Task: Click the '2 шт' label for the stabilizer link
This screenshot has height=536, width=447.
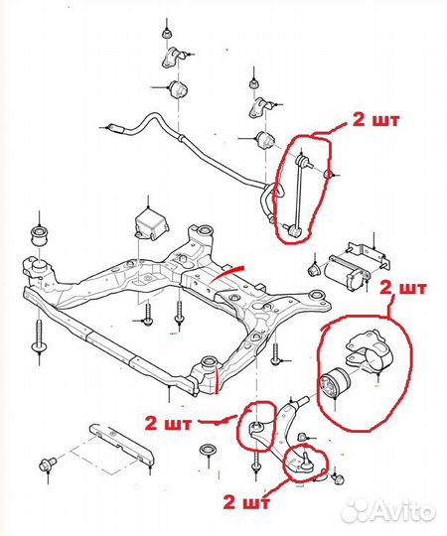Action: click(375, 121)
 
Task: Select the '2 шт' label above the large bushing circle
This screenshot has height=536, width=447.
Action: click(403, 289)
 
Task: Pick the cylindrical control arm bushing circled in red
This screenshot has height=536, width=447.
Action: click(335, 382)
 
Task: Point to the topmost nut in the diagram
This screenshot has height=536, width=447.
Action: click(167, 34)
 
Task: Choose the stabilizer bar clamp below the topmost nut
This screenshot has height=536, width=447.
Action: click(175, 60)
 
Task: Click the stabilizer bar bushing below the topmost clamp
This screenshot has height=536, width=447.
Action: click(178, 89)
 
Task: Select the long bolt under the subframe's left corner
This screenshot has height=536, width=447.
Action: click(40, 338)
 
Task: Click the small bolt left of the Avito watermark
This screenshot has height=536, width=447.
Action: click(338, 479)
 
